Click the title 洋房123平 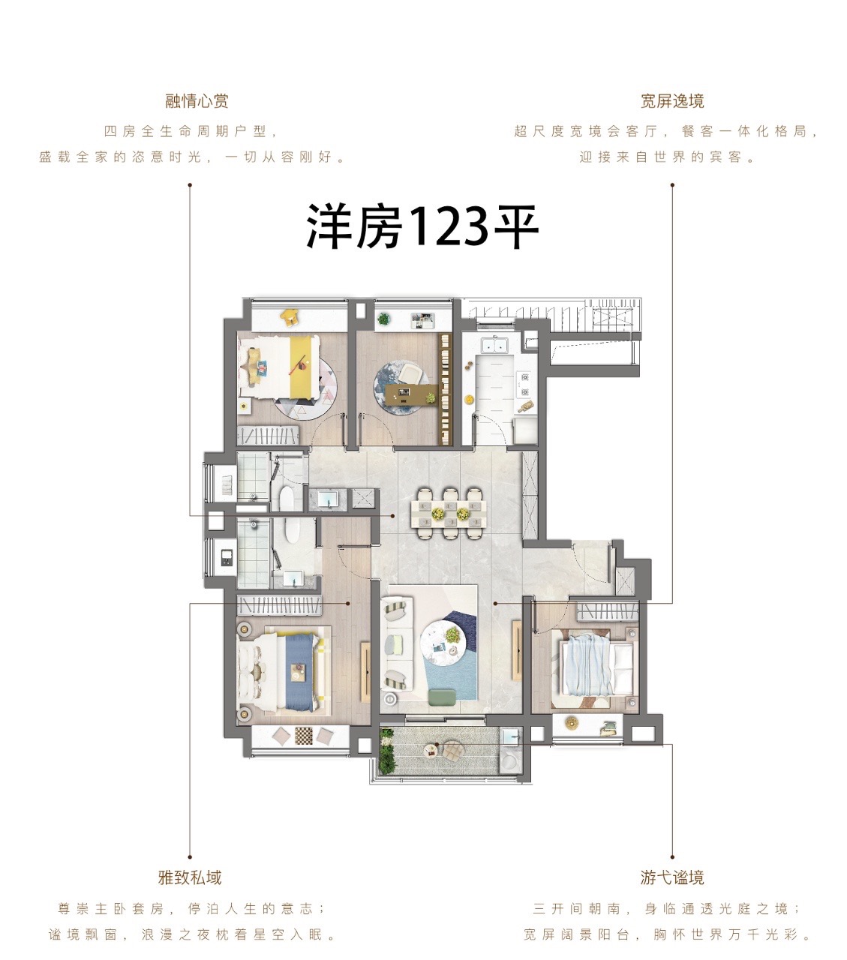tap(422, 227)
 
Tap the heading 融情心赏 tap(197, 101)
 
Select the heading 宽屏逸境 tap(672, 101)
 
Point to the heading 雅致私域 tap(190, 878)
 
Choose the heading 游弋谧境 tap(672, 878)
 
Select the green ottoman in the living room tap(442, 696)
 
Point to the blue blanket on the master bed tap(299, 673)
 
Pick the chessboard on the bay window tap(303, 734)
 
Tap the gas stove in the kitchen tap(524, 384)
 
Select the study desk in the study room tap(411, 394)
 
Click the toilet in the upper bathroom tap(286, 497)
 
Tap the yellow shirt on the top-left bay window tap(288, 316)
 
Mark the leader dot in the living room tap(495, 603)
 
